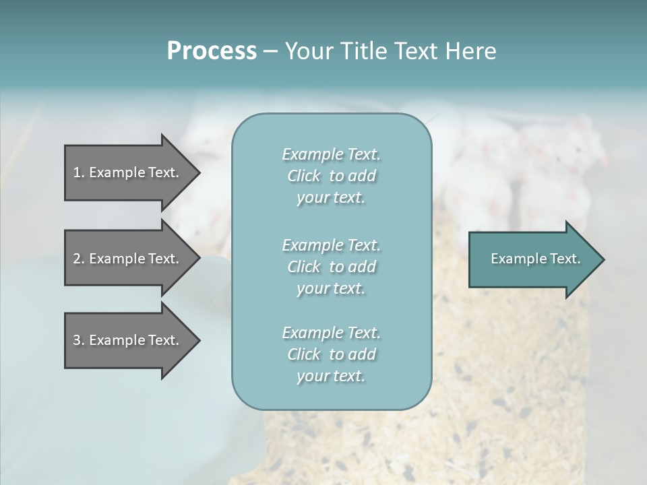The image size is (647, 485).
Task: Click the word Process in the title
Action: click(212, 51)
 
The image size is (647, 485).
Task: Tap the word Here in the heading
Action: click(471, 51)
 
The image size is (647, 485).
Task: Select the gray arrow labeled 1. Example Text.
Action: click(128, 172)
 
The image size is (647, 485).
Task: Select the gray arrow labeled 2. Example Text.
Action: click(128, 259)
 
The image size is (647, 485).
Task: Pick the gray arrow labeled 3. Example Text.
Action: click(128, 340)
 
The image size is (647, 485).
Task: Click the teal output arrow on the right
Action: click(532, 259)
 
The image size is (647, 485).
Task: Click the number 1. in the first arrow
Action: click(79, 172)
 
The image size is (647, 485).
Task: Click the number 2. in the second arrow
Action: click(79, 259)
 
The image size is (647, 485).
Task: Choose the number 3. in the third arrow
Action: click(79, 340)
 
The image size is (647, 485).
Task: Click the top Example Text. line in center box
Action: click(331, 154)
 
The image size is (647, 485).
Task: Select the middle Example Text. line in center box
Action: click(331, 245)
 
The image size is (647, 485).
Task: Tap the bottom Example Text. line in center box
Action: click(331, 333)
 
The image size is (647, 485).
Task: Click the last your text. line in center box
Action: click(331, 376)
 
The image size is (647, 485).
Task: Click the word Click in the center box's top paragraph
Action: click(304, 176)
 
